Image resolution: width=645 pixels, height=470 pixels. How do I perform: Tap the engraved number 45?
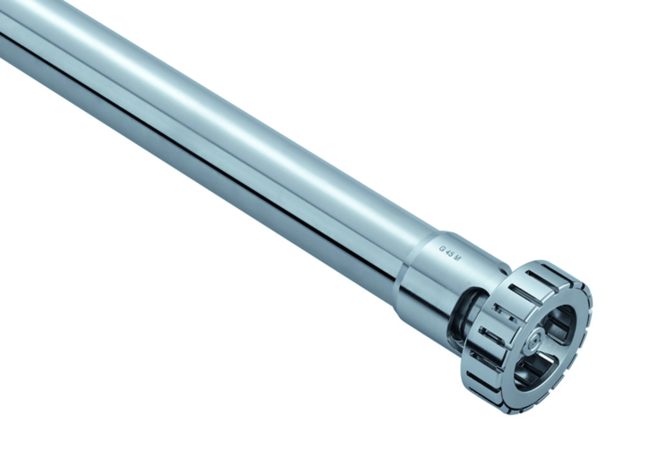pyautogui.click(x=450, y=253)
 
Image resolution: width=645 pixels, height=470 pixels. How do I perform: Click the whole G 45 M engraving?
pyautogui.click(x=450, y=253)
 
